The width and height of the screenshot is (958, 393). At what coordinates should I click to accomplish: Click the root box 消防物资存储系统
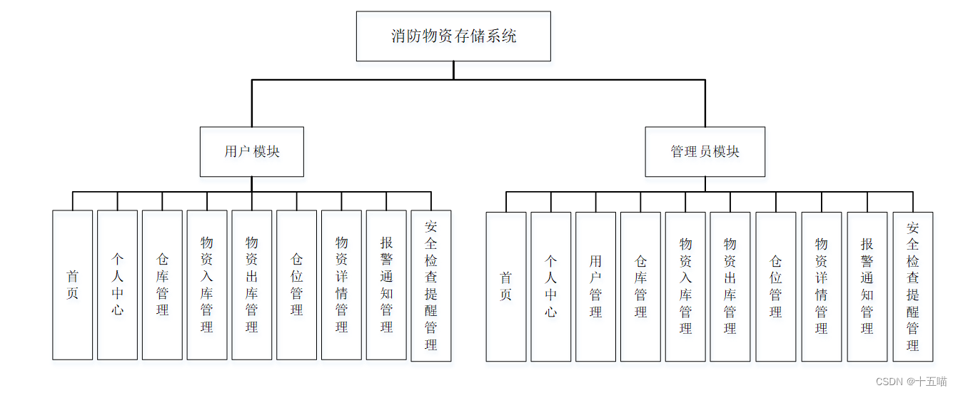pos(453,36)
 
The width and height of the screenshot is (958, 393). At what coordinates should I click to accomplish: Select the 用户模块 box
pos(251,151)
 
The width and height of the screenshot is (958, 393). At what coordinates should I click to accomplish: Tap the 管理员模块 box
pos(705,151)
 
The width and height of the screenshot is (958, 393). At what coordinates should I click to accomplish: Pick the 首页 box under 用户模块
pos(72,285)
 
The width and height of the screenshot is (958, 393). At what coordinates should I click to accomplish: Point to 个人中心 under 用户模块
pos(117,285)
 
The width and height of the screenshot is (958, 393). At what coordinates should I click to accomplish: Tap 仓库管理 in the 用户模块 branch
pos(162,285)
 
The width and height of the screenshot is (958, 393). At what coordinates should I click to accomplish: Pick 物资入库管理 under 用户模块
pos(207,285)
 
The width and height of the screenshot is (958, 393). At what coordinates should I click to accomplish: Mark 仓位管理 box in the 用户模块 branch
pos(296,285)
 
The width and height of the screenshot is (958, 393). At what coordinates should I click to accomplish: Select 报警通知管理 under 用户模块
pos(386,285)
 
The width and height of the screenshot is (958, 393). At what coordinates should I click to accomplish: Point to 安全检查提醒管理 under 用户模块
pos(430,285)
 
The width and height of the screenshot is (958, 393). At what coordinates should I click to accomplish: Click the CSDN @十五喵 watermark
pos(911,382)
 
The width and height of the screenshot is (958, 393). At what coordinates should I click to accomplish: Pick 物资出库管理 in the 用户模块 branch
pos(251,285)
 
